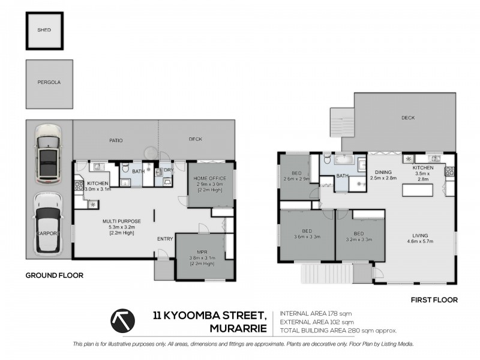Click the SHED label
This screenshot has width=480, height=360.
click(x=44, y=30)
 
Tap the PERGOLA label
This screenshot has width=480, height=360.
click(x=49, y=82)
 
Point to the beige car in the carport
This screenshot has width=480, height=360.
click(x=49, y=154)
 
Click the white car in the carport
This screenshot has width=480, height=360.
click(x=48, y=224)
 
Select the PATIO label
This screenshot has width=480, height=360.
click(x=116, y=140)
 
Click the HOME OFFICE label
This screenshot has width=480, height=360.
click(x=209, y=178)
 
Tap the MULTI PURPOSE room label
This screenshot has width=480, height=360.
click(x=122, y=221)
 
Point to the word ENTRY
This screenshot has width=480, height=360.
click(x=165, y=239)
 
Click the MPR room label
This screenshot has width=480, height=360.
click(x=202, y=252)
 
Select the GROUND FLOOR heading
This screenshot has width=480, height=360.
click(x=55, y=275)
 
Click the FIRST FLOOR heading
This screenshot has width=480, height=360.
click(x=434, y=300)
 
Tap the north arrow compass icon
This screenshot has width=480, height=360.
click(x=123, y=321)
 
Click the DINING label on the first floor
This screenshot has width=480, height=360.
click(x=383, y=172)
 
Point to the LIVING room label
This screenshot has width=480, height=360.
click(x=420, y=236)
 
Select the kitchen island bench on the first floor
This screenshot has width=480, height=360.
click(x=418, y=190)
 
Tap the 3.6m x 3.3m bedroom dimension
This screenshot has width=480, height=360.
click(x=307, y=236)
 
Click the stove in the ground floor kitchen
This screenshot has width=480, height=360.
click(x=79, y=186)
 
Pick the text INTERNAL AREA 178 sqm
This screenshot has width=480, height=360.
click(x=316, y=313)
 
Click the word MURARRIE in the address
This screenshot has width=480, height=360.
click(x=238, y=328)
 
